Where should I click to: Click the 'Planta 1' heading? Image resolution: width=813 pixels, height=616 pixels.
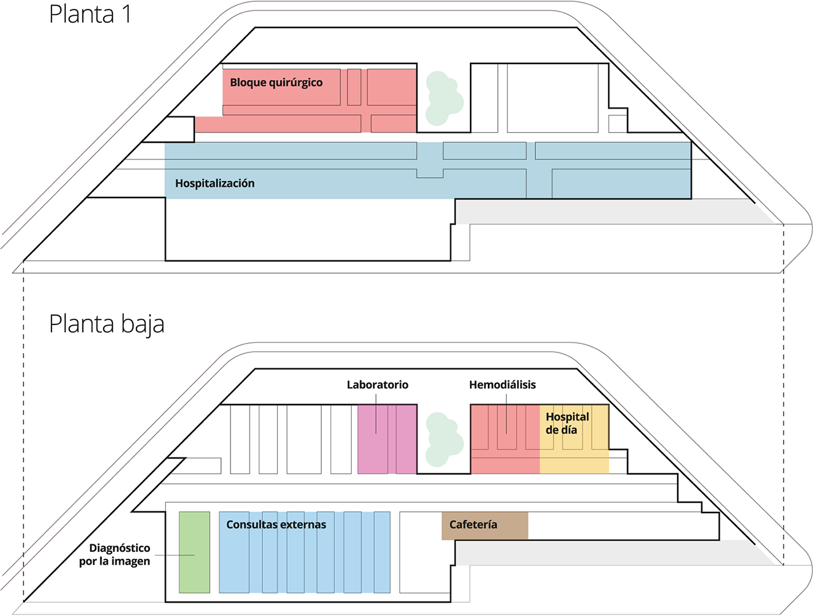click(90, 15)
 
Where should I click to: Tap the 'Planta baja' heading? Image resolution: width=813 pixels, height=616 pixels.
click(107, 325)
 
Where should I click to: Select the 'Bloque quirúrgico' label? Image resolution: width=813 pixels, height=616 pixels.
click(276, 83)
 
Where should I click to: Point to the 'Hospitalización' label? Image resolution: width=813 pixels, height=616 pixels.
click(215, 184)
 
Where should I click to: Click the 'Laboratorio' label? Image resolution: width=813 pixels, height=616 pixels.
click(377, 385)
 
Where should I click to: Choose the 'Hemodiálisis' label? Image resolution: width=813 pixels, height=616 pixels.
click(502, 385)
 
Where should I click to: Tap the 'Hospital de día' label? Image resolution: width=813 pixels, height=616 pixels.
click(567, 423)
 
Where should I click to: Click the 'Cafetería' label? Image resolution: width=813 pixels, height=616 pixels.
click(473, 525)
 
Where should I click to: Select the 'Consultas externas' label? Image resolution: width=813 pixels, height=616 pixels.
click(276, 525)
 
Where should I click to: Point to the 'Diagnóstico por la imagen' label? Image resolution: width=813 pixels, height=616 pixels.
click(114, 554)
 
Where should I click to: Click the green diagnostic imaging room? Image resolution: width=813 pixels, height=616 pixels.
click(194, 552)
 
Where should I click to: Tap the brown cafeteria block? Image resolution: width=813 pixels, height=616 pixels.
click(485, 526)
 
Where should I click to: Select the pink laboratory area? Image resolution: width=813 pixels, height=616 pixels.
click(387, 439)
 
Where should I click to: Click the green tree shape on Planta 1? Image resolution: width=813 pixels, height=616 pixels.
click(444, 98)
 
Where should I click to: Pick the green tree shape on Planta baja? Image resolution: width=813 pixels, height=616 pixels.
click(444, 439)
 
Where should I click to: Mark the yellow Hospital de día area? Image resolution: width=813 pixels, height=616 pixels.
click(574, 439)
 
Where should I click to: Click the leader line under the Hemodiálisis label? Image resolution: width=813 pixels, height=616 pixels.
click(506, 413)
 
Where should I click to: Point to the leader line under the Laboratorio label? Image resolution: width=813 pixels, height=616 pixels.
click(376, 413)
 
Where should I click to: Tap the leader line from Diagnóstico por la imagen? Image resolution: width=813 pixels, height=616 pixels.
click(175, 555)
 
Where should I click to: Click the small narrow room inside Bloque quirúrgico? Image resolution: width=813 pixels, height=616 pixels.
click(354, 87)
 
